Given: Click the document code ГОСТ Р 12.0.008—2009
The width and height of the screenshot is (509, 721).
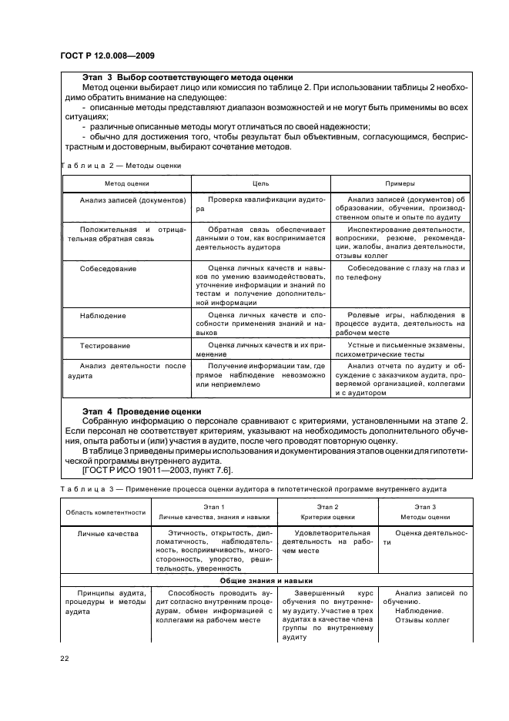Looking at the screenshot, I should tap(106, 57).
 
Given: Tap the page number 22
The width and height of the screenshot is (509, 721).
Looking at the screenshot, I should tap(64, 658).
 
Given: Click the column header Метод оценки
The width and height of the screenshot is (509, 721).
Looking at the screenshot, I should tap(127, 184).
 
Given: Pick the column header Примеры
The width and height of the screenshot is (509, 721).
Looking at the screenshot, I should tap(400, 184).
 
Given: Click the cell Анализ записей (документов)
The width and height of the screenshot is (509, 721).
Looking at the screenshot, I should tap(132, 200).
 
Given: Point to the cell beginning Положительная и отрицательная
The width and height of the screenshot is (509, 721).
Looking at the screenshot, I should tap(127, 234).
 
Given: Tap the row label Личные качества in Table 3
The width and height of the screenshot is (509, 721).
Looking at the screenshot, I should tap(109, 532).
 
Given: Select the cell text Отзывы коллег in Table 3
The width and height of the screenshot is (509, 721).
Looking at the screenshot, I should tap(424, 617).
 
